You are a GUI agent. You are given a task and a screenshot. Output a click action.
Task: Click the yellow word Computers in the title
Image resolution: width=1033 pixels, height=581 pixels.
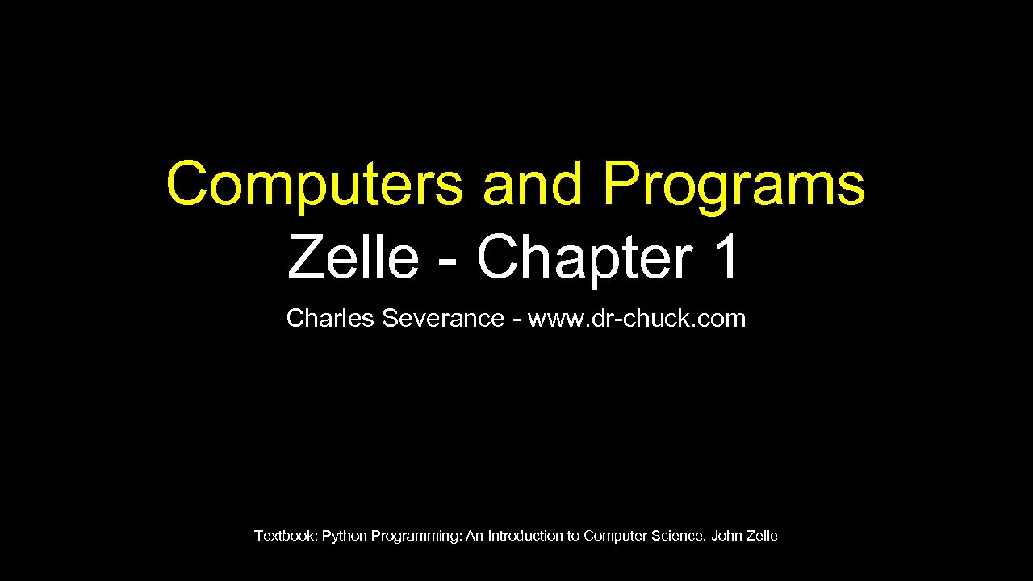315,184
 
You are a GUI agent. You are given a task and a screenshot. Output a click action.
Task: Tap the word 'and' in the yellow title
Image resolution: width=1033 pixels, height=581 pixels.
532,184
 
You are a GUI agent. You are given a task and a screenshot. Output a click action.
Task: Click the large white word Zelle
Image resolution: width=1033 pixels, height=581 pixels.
353,257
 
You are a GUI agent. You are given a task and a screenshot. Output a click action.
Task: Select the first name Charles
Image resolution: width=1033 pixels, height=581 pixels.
330,319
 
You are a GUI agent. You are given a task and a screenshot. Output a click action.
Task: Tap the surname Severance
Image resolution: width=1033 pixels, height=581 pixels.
443,319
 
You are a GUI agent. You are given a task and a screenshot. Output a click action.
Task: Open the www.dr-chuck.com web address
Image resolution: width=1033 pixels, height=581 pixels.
637,319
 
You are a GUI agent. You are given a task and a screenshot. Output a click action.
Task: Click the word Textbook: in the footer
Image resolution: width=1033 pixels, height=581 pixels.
286,536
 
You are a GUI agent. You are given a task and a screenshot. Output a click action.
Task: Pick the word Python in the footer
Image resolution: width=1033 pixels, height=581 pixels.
345,536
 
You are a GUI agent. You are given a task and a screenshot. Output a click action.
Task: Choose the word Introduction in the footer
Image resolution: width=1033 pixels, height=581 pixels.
525,536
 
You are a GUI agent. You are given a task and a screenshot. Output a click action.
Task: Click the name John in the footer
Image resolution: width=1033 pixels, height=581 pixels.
726,536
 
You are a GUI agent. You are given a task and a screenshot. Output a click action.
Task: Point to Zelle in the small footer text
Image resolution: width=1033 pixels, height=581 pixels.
763,536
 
